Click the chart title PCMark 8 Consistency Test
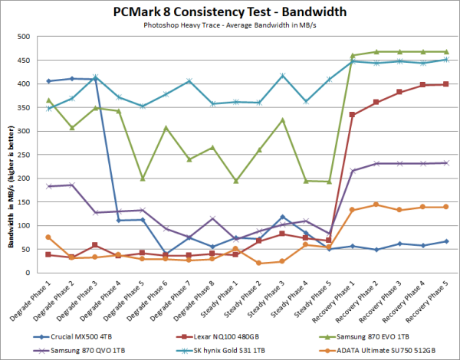pyautogui.click(x=230, y=12)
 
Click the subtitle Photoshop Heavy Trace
pyautogui.click(x=230, y=25)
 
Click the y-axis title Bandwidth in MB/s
pyautogui.click(x=11, y=155)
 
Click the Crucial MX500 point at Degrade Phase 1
pyautogui.click(x=48, y=81)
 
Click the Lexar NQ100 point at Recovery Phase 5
pyautogui.click(x=446, y=84)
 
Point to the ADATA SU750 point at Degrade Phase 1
pyautogui.click(x=48, y=237)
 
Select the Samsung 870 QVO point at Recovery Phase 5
pyautogui.click(x=446, y=162)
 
